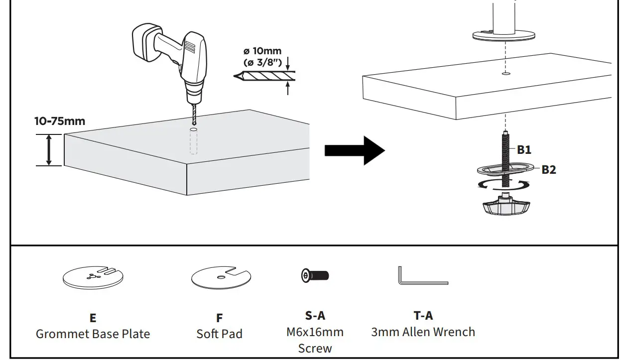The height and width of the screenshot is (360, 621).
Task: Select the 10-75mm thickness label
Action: tap(60, 121)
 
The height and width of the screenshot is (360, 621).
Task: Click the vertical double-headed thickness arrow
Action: tap(49, 150)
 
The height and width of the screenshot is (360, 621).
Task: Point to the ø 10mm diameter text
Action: tap(262, 51)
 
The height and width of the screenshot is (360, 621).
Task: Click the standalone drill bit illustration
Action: tap(264, 76)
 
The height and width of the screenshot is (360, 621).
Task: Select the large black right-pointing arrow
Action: tap(355, 150)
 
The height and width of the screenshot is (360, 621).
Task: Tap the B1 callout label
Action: tap(523, 149)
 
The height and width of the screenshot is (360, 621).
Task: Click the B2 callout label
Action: tap(548, 169)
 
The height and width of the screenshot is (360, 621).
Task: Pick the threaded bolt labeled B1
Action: tap(505, 149)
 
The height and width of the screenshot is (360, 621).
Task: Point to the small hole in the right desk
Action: tap(505, 74)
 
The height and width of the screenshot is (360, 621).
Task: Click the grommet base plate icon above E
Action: tap(93, 277)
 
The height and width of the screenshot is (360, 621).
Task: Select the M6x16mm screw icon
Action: tap(315, 275)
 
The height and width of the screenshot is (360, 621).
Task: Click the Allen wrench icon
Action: tap(422, 277)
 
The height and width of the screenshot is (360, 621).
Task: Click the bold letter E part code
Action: tap(93, 318)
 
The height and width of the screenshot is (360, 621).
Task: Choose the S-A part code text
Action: tap(315, 315)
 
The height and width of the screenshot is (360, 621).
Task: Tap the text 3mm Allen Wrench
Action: tap(423, 332)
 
